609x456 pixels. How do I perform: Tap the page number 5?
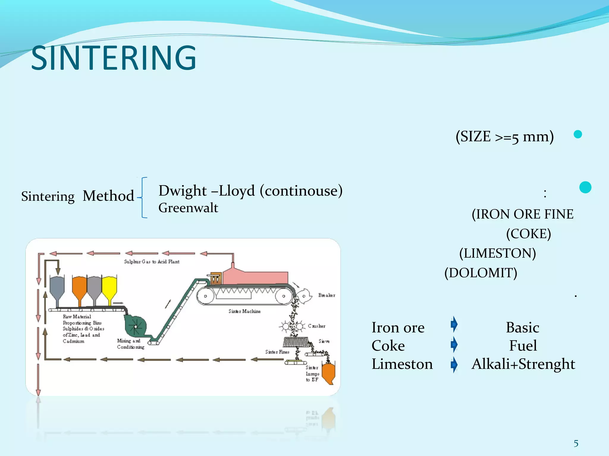576,444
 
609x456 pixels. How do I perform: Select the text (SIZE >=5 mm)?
505,137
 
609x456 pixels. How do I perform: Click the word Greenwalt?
188,208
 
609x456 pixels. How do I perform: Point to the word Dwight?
183,191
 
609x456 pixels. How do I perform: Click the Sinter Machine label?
244,311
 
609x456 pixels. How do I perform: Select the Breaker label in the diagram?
327,295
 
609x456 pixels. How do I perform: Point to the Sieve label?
324,341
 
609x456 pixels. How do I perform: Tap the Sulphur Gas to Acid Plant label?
152,262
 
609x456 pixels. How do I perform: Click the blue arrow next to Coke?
454,345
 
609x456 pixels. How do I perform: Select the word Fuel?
523,346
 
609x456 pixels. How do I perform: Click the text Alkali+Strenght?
523,364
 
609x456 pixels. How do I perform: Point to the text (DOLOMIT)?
481,273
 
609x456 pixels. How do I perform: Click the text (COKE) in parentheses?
528,234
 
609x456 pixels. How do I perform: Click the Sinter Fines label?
277,352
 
